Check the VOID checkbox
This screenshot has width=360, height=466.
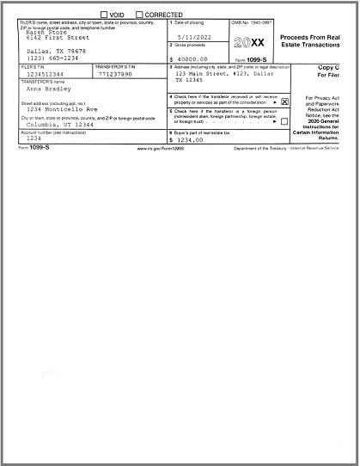click(105, 15)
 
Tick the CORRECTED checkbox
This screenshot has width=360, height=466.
click(138, 15)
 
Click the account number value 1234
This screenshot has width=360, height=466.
click(34, 138)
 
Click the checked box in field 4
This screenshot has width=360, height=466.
click(285, 101)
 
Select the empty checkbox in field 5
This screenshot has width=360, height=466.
click(285, 121)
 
